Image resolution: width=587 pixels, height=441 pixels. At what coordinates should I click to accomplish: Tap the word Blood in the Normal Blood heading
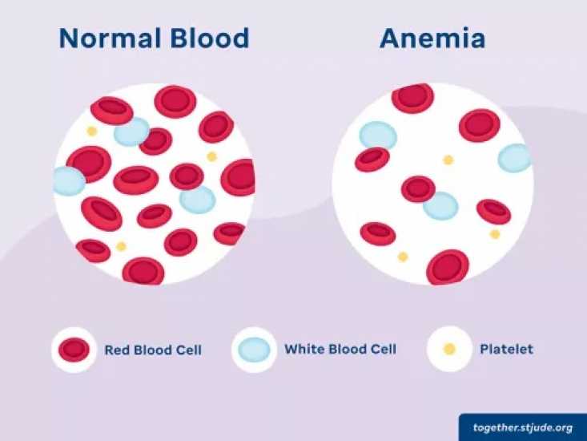pyautogui.click(x=210, y=38)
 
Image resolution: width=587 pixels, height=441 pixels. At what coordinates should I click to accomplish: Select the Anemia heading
pyautogui.click(x=432, y=38)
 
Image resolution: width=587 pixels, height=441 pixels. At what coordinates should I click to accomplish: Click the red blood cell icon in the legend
pyautogui.click(x=74, y=350)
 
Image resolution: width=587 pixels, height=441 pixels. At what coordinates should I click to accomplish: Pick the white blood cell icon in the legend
pyautogui.click(x=254, y=350)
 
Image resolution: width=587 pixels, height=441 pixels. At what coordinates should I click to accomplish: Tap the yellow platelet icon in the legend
pyautogui.click(x=449, y=350)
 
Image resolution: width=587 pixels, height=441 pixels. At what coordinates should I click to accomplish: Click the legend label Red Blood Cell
pyautogui.click(x=153, y=350)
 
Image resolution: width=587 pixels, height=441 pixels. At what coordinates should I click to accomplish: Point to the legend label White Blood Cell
pyautogui.click(x=340, y=350)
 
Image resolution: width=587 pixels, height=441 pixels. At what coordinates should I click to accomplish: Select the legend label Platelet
pyautogui.click(x=506, y=350)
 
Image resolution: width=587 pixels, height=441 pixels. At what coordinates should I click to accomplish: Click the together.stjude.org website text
pyautogui.click(x=523, y=428)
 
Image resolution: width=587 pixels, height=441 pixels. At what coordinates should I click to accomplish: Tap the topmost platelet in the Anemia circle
pyautogui.click(x=448, y=160)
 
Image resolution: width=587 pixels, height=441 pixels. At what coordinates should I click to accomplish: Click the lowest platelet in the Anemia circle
pyautogui.click(x=403, y=257)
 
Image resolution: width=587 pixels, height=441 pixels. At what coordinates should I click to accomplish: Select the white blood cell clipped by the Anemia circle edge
pyautogui.click(x=515, y=158)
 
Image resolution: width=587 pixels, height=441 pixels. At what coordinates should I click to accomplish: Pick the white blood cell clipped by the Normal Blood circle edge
pyautogui.click(x=69, y=181)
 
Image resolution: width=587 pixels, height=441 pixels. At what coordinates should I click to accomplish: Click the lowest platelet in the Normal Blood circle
pyautogui.click(x=121, y=246)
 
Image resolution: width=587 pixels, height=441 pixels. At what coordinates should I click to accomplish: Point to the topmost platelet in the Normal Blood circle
pyautogui.click(x=92, y=131)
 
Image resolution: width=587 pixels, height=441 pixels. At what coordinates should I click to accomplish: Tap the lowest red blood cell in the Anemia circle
pyautogui.click(x=448, y=268)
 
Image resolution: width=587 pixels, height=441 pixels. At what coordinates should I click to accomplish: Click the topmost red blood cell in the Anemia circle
pyautogui.click(x=413, y=97)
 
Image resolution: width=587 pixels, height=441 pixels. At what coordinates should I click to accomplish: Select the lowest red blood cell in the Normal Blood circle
pyautogui.click(x=143, y=271)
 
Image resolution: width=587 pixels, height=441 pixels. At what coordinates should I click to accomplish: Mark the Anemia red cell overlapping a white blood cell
pyautogui.click(x=418, y=189)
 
